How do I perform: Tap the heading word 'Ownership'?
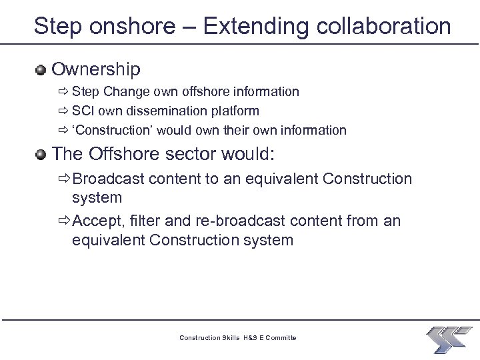click(x=96, y=69)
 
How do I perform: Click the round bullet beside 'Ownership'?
click(x=41, y=69)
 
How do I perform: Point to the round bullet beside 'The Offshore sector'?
click(x=41, y=155)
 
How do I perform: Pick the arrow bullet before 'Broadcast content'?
click(x=64, y=179)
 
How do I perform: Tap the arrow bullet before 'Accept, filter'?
click(x=64, y=221)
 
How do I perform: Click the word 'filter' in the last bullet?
click(x=148, y=221)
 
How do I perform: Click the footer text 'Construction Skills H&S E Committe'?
click(x=238, y=338)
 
